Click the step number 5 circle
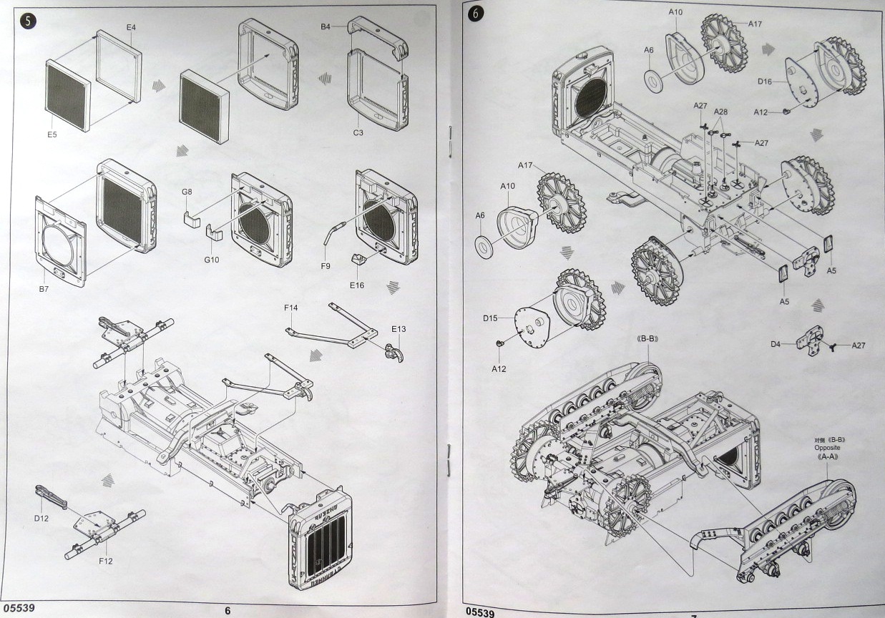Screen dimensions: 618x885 tap(28, 21)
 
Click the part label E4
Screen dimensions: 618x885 tap(131, 27)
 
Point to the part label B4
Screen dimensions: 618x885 tap(326, 26)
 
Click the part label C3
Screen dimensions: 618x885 tap(358, 132)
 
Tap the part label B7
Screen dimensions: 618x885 tap(44, 289)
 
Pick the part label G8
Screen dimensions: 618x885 tap(187, 192)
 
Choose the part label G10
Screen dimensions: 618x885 tap(211, 259)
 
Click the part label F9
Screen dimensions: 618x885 tap(325, 265)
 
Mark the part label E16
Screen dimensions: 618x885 tap(357, 285)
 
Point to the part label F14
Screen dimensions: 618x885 tap(290, 308)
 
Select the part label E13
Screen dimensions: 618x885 tap(399, 329)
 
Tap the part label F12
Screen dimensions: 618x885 tap(105, 560)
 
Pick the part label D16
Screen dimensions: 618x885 tap(765, 82)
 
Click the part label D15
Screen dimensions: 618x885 tap(489, 317)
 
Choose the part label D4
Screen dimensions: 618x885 tap(776, 344)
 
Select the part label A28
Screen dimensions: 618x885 tap(720, 112)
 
